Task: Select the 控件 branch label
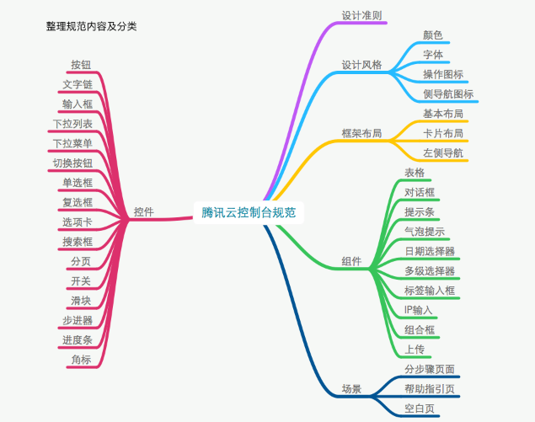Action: (x=143, y=212)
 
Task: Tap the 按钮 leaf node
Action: (x=82, y=65)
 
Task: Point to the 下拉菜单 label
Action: (x=72, y=143)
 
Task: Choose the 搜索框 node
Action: (x=77, y=242)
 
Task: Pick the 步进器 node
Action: (x=77, y=320)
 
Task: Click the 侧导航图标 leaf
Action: (x=447, y=93)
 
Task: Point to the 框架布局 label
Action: (x=361, y=133)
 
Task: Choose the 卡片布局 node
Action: (x=442, y=133)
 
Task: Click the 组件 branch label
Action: (x=351, y=261)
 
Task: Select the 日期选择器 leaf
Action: (x=430, y=251)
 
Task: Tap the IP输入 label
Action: (x=419, y=310)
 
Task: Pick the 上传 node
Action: (x=414, y=349)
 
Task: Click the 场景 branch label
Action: (x=351, y=389)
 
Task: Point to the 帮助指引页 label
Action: (x=430, y=389)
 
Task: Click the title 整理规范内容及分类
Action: (x=92, y=26)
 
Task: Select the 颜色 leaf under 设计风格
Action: (x=433, y=35)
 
